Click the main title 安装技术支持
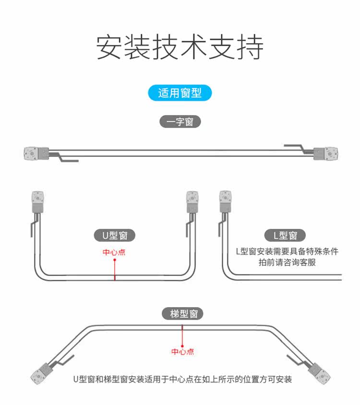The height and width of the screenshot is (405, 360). point(180,47)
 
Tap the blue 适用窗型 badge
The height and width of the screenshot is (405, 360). point(180,93)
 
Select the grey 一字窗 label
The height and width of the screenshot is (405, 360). point(180,122)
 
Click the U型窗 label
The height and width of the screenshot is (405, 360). point(115,235)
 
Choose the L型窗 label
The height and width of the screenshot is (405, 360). point(285,235)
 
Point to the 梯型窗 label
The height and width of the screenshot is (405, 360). point(182,314)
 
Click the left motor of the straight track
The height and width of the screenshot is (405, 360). point(36,154)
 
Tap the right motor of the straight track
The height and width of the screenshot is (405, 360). point(325,154)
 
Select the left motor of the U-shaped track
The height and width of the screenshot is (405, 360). point(37,202)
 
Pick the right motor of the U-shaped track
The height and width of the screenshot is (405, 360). point(192,202)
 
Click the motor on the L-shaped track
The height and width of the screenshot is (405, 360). point(225,202)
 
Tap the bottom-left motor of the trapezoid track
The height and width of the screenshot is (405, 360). point(42,373)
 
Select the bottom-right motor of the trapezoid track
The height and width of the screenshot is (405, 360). point(319,373)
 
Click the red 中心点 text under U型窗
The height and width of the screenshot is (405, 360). point(114,252)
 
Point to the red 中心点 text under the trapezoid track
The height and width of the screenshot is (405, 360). point(183,352)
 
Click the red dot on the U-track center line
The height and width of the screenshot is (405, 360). point(115,260)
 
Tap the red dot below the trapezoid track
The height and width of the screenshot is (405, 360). point(182,346)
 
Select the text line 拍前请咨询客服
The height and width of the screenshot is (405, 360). point(287,262)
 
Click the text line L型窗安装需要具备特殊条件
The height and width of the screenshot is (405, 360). point(287,251)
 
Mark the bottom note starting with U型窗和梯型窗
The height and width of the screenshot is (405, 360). point(183,380)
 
